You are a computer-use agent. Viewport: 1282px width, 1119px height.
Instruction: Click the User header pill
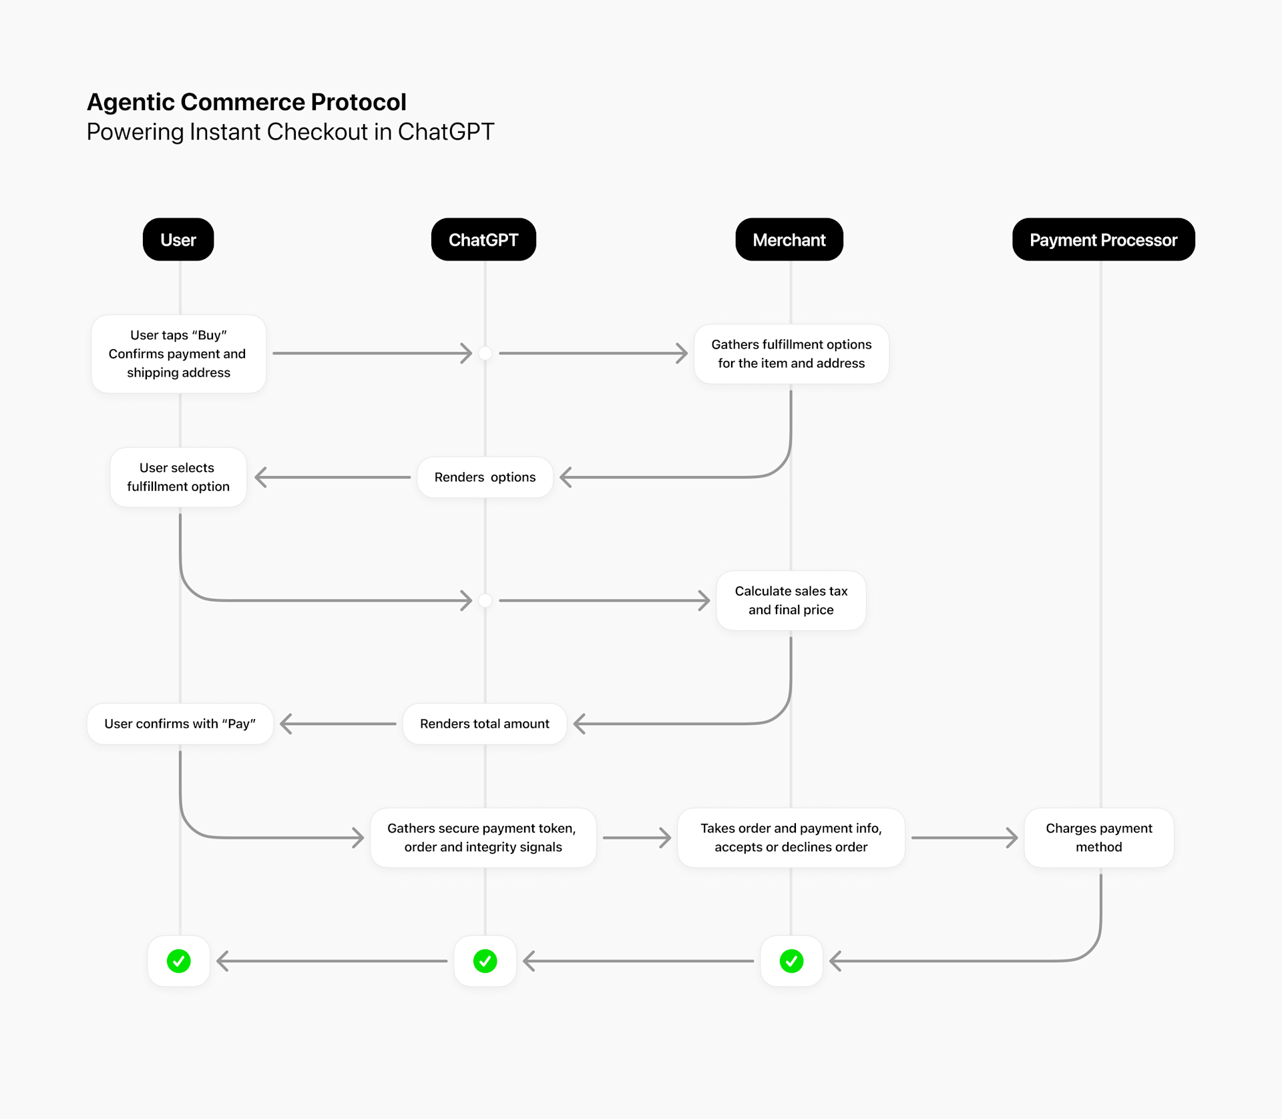click(x=178, y=240)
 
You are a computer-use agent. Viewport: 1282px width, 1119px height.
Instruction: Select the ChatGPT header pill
click(x=483, y=240)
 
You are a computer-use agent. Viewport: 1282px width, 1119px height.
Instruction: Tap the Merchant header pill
click(x=789, y=240)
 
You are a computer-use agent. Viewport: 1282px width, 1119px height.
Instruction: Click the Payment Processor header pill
click(x=1103, y=240)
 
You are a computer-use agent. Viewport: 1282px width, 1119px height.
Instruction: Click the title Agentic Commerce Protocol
click(x=246, y=102)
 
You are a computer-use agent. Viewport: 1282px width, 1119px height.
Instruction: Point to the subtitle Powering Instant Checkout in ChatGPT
click(x=290, y=132)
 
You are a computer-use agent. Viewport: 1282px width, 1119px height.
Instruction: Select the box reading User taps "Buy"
click(x=178, y=354)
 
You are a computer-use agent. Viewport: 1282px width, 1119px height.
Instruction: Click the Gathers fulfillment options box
click(x=791, y=354)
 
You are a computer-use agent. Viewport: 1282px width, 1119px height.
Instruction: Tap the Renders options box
click(x=485, y=477)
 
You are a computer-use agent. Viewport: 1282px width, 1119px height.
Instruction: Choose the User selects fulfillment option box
click(x=178, y=477)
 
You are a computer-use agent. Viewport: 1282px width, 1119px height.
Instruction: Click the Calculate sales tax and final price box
click(x=791, y=600)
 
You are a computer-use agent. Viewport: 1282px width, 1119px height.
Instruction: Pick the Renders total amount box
click(x=485, y=724)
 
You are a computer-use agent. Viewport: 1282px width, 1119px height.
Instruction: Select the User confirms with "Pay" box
click(x=180, y=724)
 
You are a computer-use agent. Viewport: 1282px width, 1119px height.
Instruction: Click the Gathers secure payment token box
click(x=483, y=837)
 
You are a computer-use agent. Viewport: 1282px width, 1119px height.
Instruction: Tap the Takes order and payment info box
click(x=791, y=837)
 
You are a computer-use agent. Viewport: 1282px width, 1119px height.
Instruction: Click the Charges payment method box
click(x=1099, y=837)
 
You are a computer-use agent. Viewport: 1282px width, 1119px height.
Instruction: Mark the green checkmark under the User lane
click(x=179, y=961)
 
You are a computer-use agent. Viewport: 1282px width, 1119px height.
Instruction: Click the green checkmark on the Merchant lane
click(x=791, y=961)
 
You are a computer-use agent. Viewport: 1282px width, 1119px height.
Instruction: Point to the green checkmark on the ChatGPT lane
click(x=485, y=961)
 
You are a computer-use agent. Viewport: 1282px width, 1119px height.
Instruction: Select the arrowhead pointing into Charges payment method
click(x=1013, y=837)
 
